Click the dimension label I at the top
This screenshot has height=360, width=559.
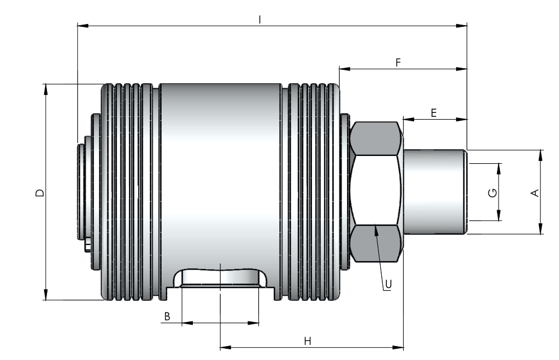pos(260,20)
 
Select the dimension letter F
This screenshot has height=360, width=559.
pos(398,63)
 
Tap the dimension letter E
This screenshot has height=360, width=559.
pos(434,113)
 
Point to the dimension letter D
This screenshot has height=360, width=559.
pos(40,193)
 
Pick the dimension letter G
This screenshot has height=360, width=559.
pos(492,193)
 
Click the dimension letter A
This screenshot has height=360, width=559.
pos(535,193)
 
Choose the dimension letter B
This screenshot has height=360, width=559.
pos(167,316)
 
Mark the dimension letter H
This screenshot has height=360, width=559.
pos(307,341)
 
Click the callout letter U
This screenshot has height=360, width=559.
pos(389,284)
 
